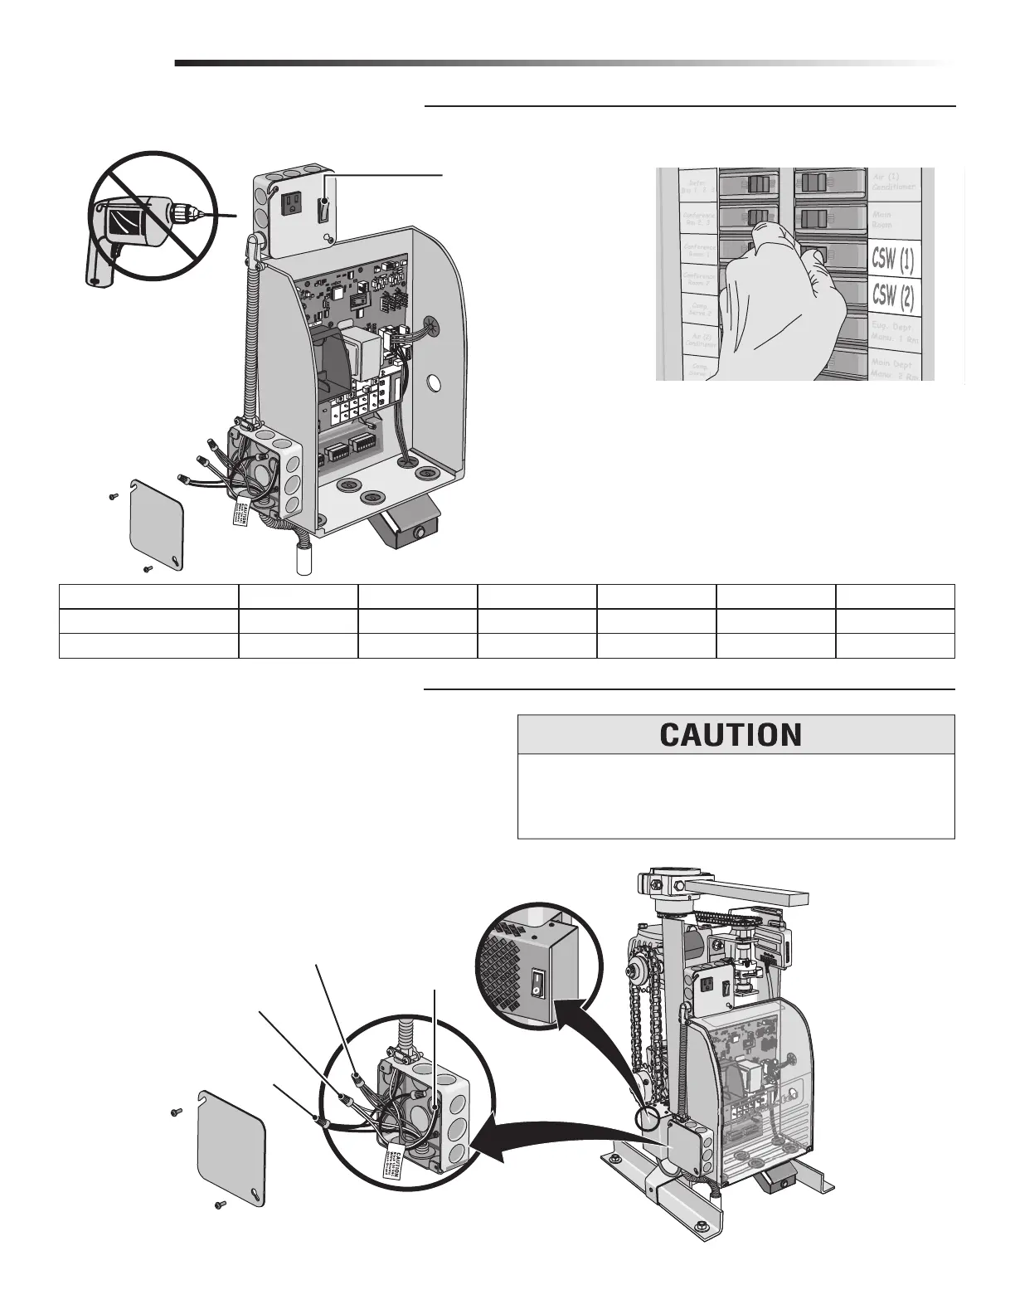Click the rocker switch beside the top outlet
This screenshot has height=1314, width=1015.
click(325, 202)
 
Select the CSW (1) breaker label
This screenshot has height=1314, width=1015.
click(893, 261)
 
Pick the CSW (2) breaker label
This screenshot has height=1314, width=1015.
click(893, 295)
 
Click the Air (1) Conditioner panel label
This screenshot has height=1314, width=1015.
click(894, 182)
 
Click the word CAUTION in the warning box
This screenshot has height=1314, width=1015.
click(731, 734)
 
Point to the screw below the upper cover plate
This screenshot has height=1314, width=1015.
click(147, 569)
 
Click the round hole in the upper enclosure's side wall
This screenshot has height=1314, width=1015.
click(433, 383)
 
